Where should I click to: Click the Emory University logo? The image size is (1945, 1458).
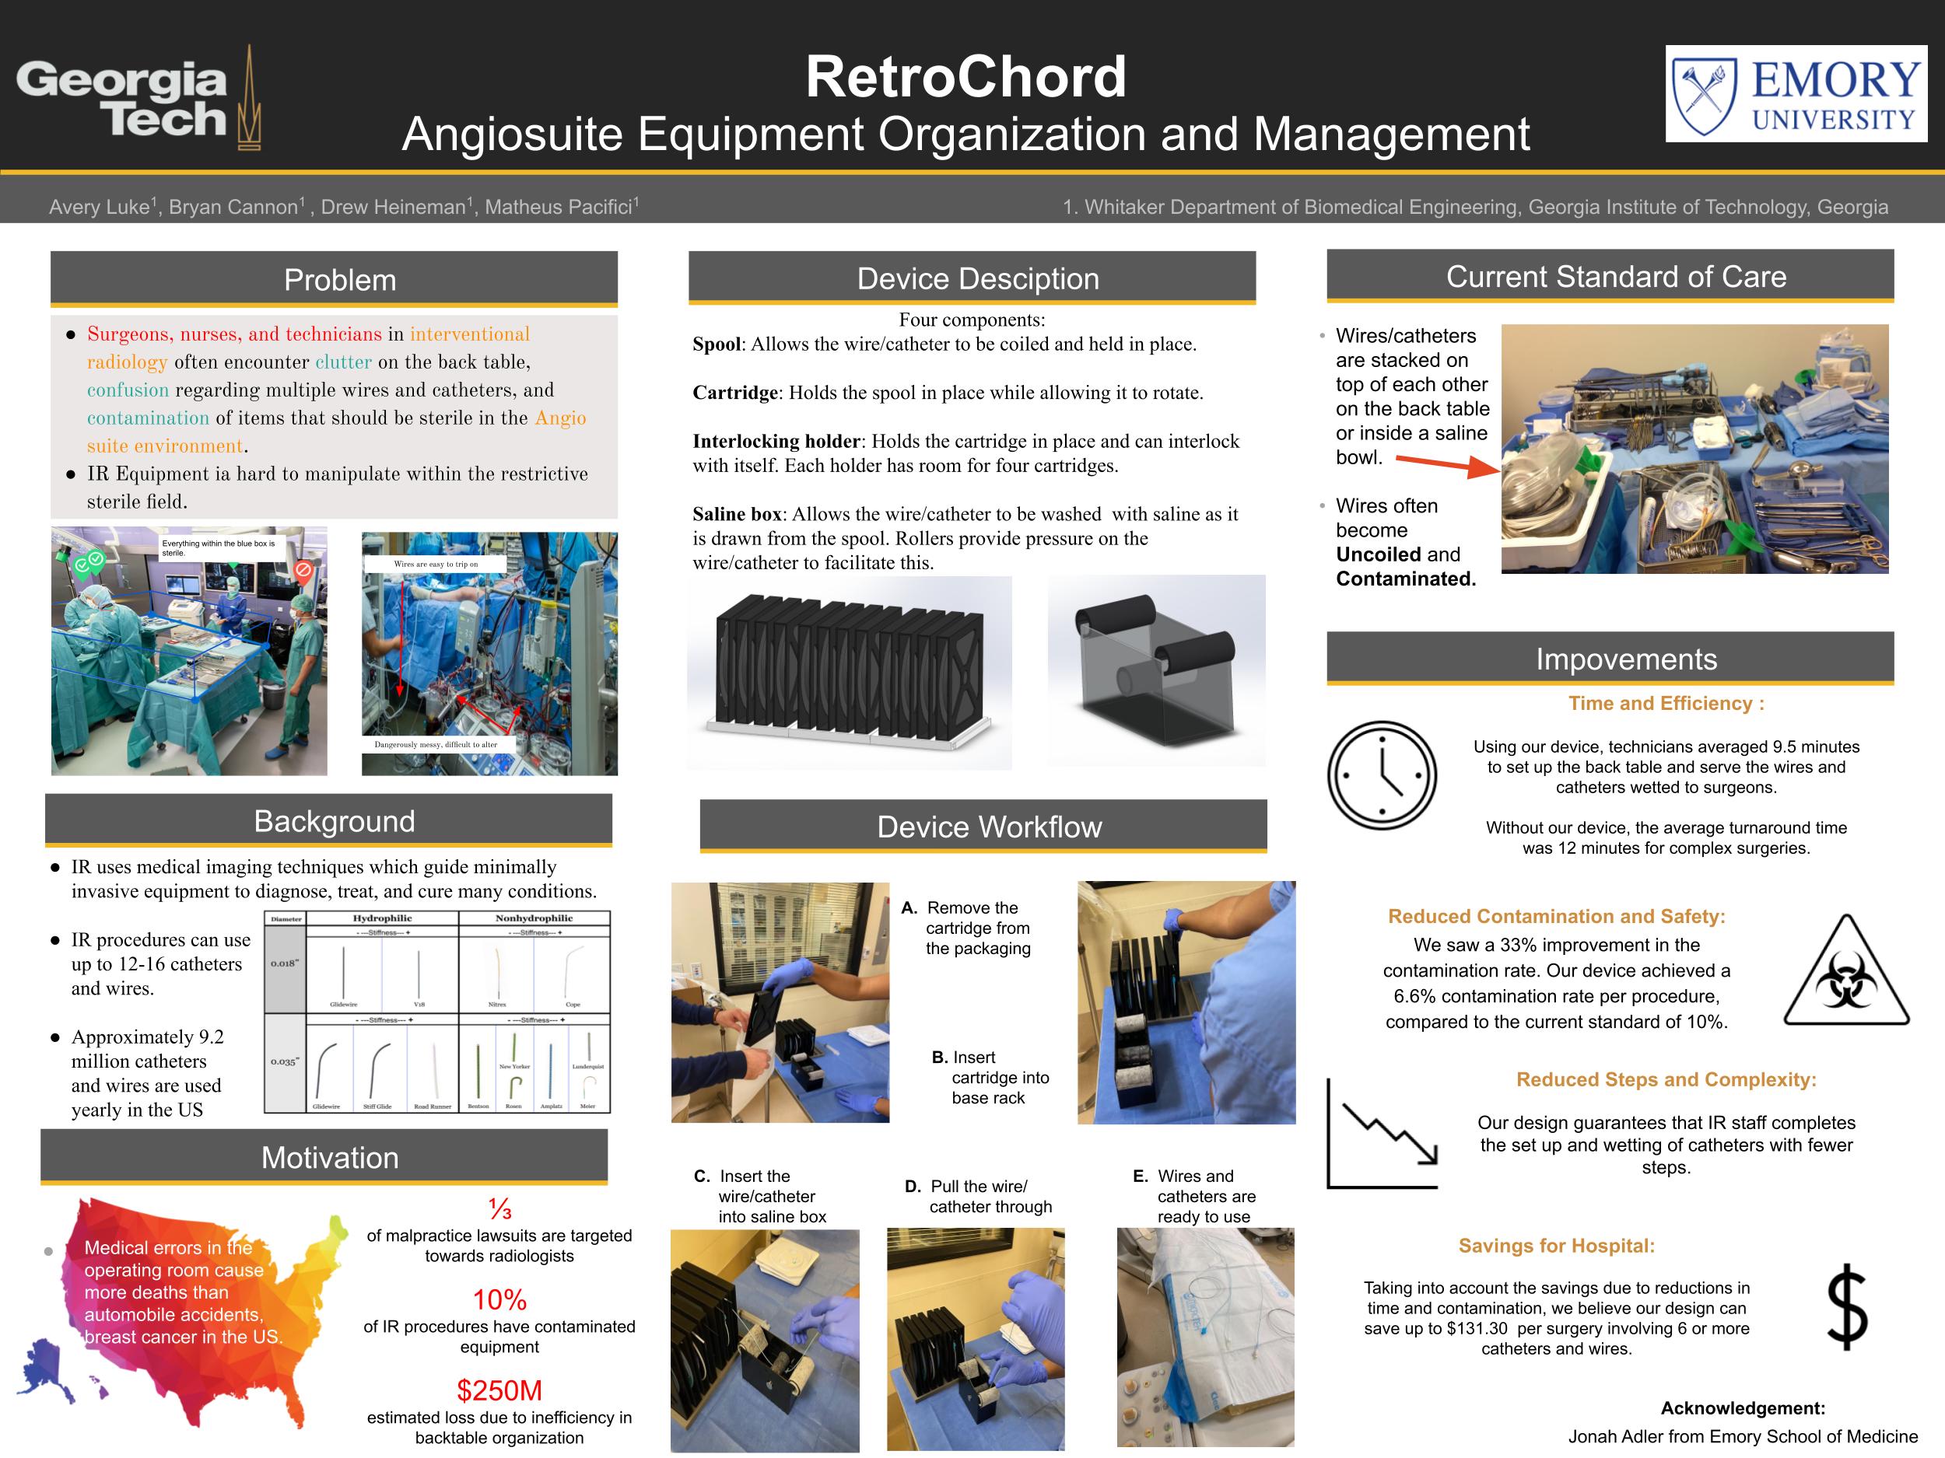point(1796,94)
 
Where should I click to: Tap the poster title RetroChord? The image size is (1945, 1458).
point(965,76)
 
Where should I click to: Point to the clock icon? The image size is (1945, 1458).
point(1382,775)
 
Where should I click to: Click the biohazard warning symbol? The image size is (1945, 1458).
point(1845,973)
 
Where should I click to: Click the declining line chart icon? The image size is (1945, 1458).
point(1383,1134)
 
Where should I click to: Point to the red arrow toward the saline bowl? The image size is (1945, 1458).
point(1446,464)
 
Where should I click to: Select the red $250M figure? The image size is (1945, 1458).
point(499,1390)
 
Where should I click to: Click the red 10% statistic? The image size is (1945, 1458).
point(499,1299)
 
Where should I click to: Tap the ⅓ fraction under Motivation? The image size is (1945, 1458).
point(499,1209)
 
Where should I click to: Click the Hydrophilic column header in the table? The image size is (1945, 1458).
point(382,918)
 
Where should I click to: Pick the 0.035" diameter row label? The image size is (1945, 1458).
point(284,1061)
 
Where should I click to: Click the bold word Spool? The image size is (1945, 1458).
point(716,344)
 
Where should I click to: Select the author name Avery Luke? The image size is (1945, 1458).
point(100,208)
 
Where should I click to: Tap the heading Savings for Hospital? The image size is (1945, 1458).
point(1555,1245)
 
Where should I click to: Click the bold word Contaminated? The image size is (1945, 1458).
point(1405,579)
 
